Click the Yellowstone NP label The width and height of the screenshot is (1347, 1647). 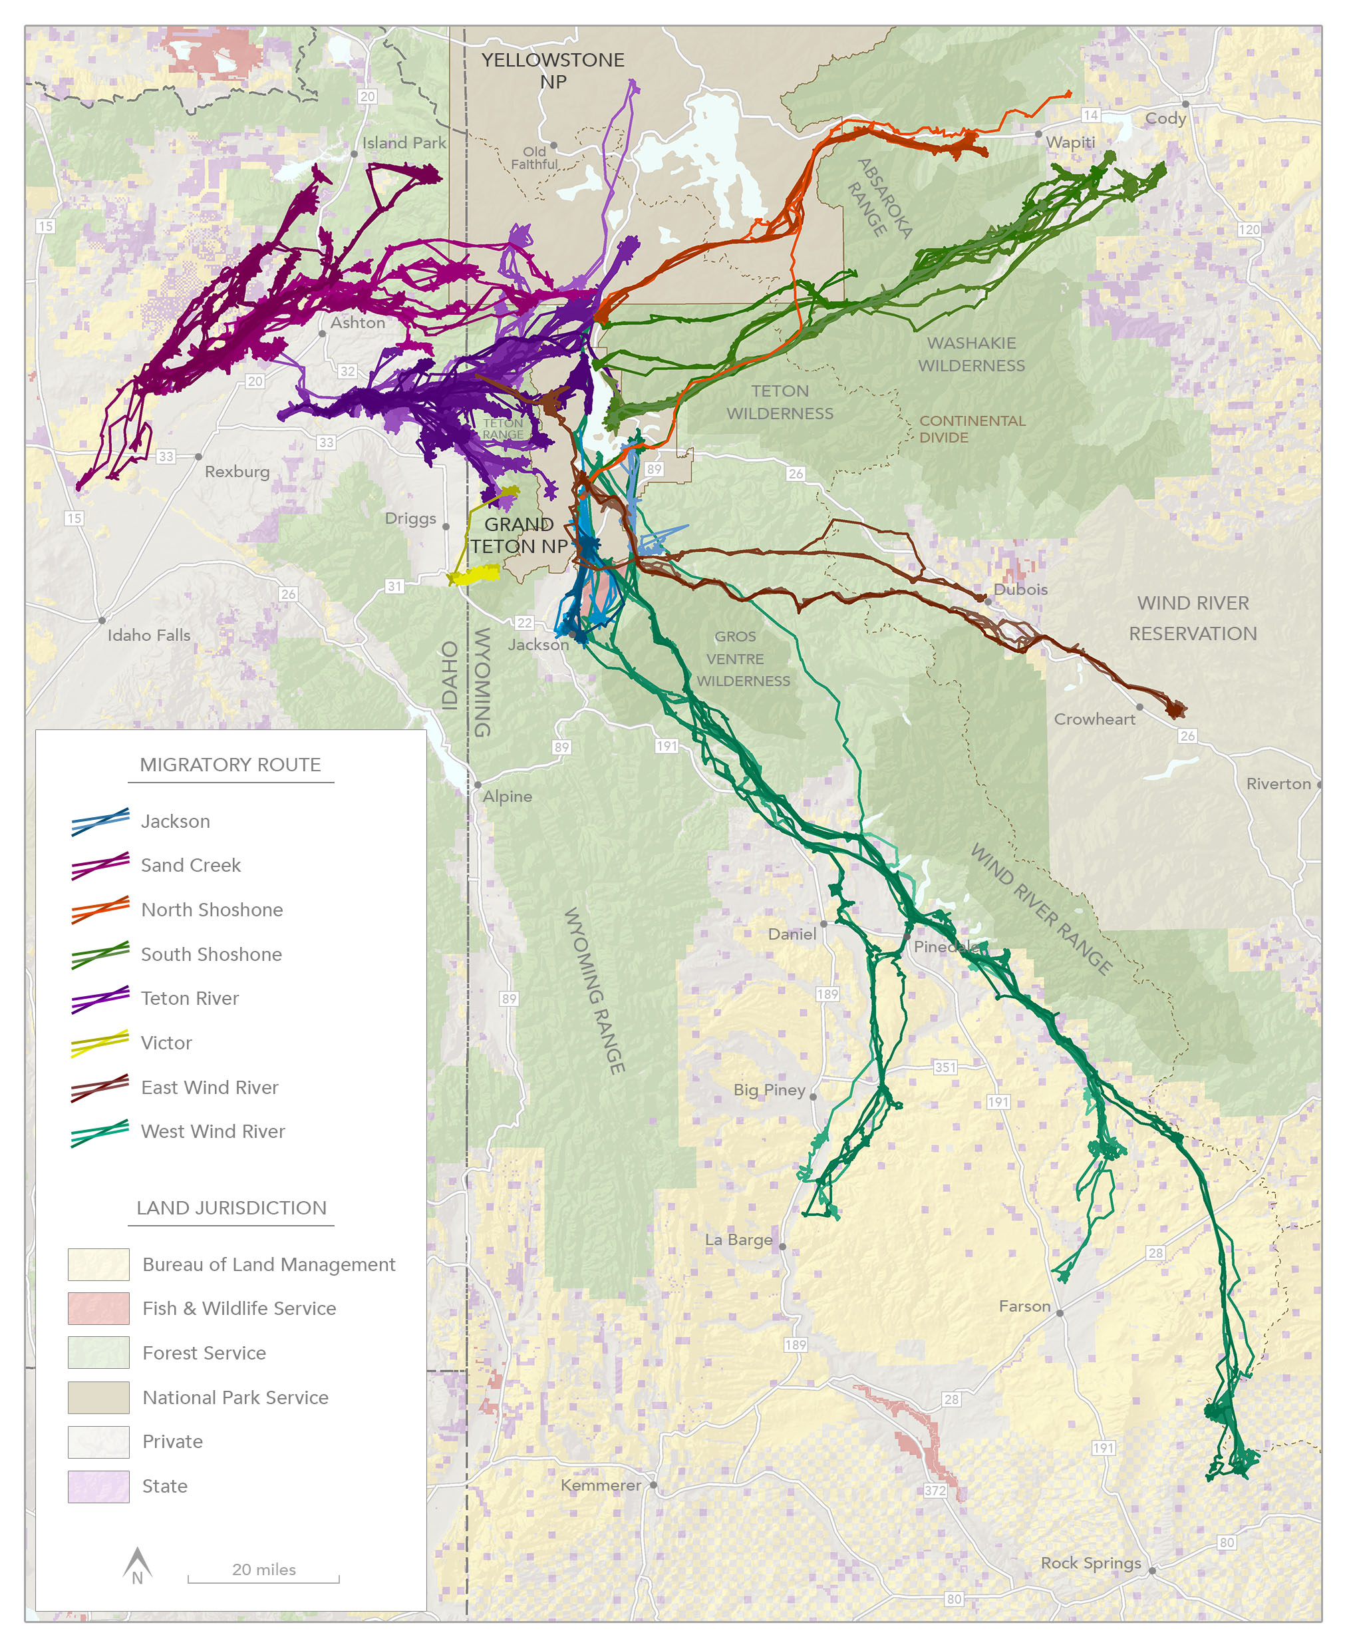(553, 71)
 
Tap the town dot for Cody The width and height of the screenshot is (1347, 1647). (1185, 104)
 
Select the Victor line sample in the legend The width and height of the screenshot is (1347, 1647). (99, 1043)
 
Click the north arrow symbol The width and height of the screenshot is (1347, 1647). (137, 1563)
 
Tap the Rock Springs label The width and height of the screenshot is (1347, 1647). (1090, 1562)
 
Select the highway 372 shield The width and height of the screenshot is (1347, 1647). (935, 1490)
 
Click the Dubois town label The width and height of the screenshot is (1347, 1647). (1020, 589)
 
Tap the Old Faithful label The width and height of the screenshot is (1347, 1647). (534, 158)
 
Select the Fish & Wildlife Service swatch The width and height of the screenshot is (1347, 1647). (98, 1308)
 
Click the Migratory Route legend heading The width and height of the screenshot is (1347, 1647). (229, 765)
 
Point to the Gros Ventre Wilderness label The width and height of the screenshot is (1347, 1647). (742, 658)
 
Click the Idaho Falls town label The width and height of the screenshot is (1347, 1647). (148, 635)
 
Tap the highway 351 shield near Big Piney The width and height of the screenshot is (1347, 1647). (945, 1067)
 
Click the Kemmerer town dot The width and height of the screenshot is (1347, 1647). (654, 1485)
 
